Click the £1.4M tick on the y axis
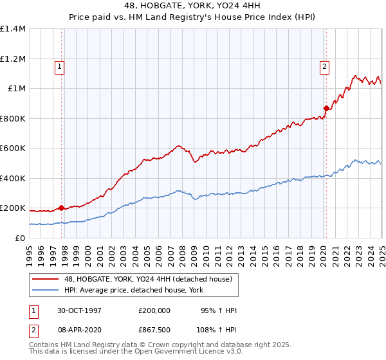click(x=13, y=29)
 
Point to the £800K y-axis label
click(x=13, y=118)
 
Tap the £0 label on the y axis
click(x=19, y=239)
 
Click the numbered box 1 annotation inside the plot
click(x=59, y=65)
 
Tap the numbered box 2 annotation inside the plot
click(x=324, y=65)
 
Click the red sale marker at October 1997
click(x=62, y=208)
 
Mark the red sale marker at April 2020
click(x=326, y=108)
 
